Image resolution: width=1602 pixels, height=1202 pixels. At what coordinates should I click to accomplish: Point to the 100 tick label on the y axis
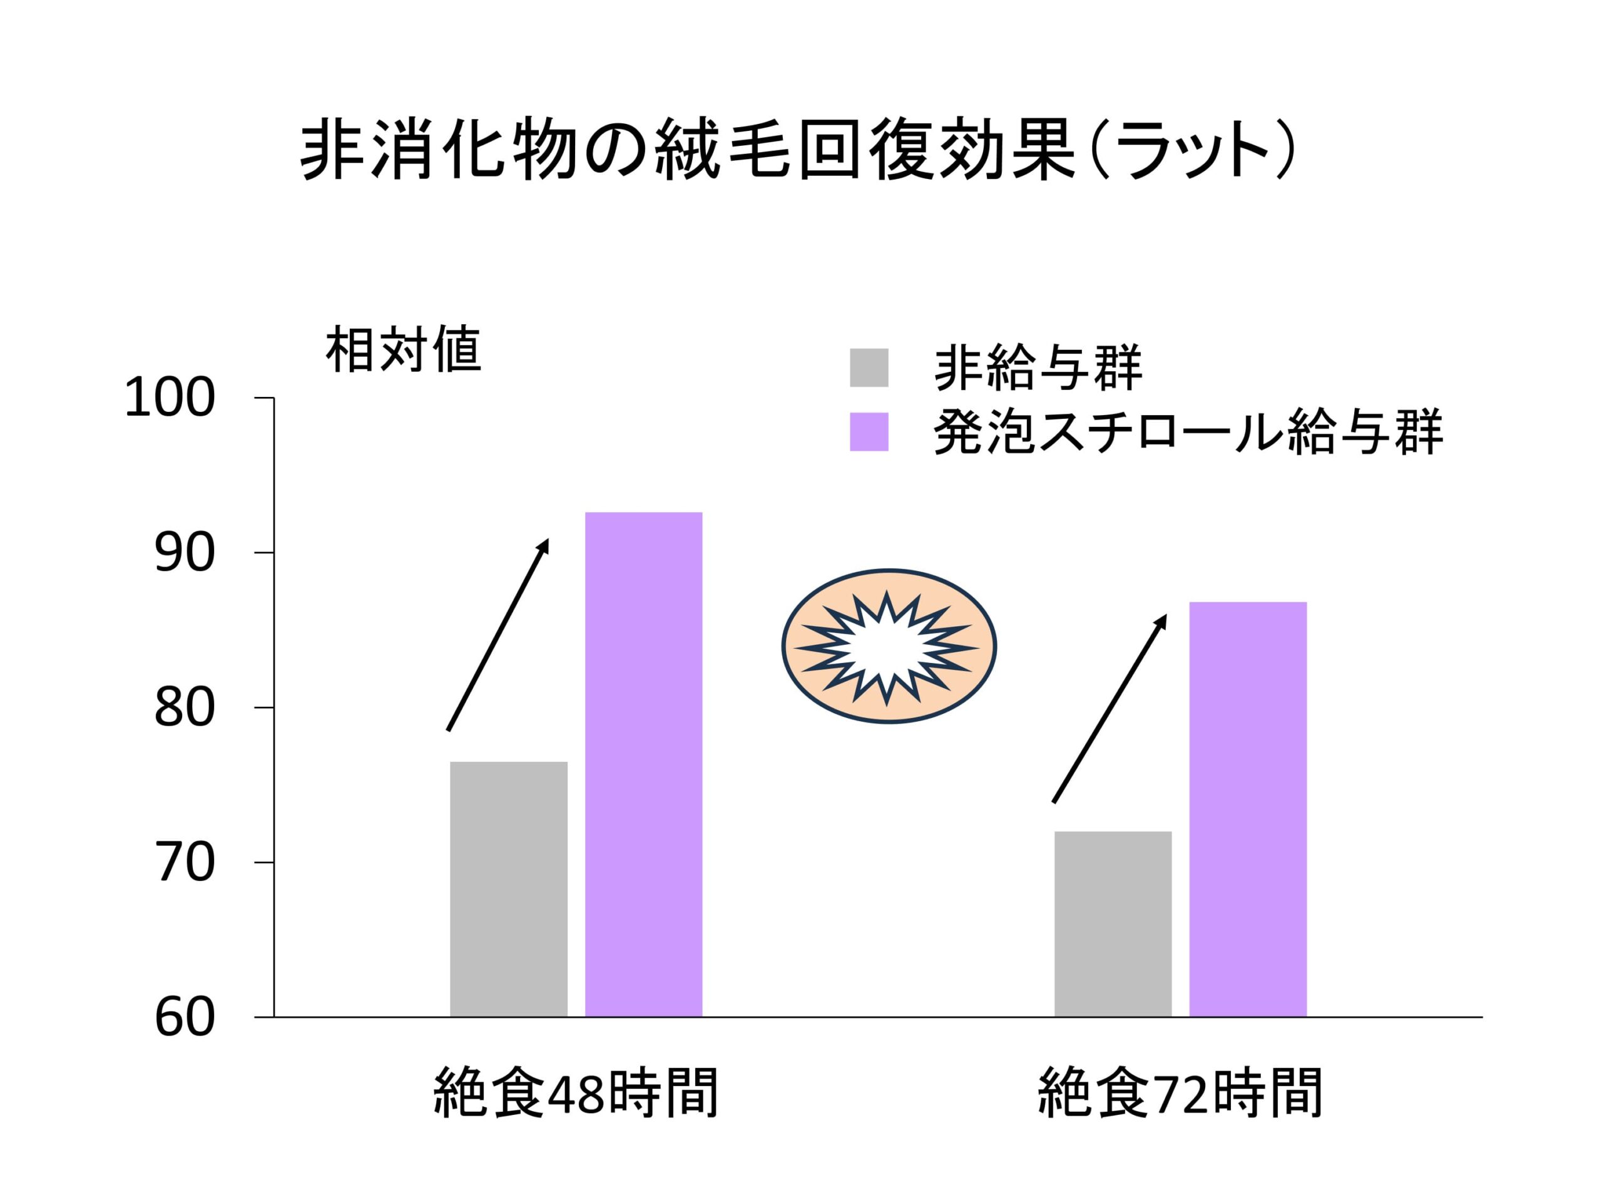click(170, 399)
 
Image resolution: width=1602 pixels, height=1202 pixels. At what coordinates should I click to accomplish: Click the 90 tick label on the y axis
click(185, 553)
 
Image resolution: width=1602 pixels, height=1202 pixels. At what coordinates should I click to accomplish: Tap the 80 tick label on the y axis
click(185, 708)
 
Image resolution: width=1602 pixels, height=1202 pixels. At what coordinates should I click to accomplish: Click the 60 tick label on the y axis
click(185, 1018)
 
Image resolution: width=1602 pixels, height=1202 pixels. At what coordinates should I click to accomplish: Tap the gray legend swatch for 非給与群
click(869, 367)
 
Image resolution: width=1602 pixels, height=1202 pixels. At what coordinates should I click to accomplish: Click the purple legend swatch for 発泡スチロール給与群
click(869, 432)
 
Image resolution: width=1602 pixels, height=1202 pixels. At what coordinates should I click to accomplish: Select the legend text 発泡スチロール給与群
click(1188, 433)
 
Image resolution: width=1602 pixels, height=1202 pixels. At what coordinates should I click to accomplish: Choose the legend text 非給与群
click(1038, 368)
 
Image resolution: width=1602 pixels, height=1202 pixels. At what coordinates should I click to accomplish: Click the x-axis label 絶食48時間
click(576, 1092)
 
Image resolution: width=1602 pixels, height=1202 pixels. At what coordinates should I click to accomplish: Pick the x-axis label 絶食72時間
click(1180, 1092)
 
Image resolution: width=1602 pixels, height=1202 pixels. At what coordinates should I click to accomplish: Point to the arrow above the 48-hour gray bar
click(497, 635)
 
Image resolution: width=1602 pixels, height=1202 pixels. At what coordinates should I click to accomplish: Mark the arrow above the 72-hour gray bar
click(1109, 709)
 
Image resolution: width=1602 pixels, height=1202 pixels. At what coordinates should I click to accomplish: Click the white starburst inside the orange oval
click(889, 646)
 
